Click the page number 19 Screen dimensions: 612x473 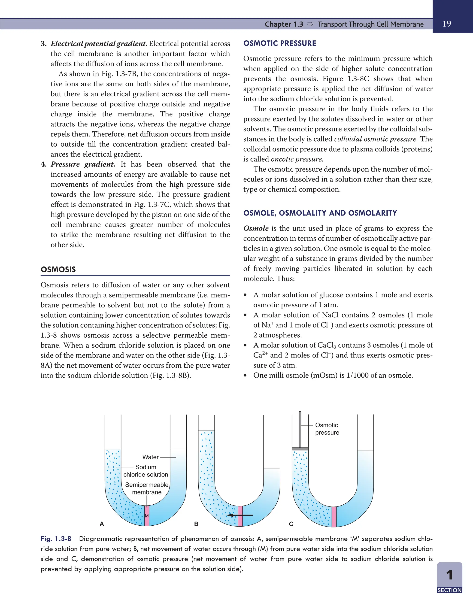click(447, 24)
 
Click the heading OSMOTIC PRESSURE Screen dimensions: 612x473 click(279, 43)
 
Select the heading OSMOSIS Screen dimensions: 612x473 click(58, 270)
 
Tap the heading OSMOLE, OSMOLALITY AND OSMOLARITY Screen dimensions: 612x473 click(320, 213)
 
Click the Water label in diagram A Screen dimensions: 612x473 click(151, 457)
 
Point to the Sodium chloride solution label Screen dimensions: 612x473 click(146, 471)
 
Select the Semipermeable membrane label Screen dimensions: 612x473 click(147, 488)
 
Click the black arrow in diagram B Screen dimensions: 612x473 click(239, 515)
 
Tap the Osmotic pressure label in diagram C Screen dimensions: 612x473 click(327, 429)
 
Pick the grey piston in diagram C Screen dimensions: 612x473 click(300, 449)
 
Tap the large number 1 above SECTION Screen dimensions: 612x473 click(449, 575)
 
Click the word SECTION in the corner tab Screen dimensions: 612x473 click(449, 590)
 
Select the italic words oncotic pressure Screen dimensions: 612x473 click(297, 159)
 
